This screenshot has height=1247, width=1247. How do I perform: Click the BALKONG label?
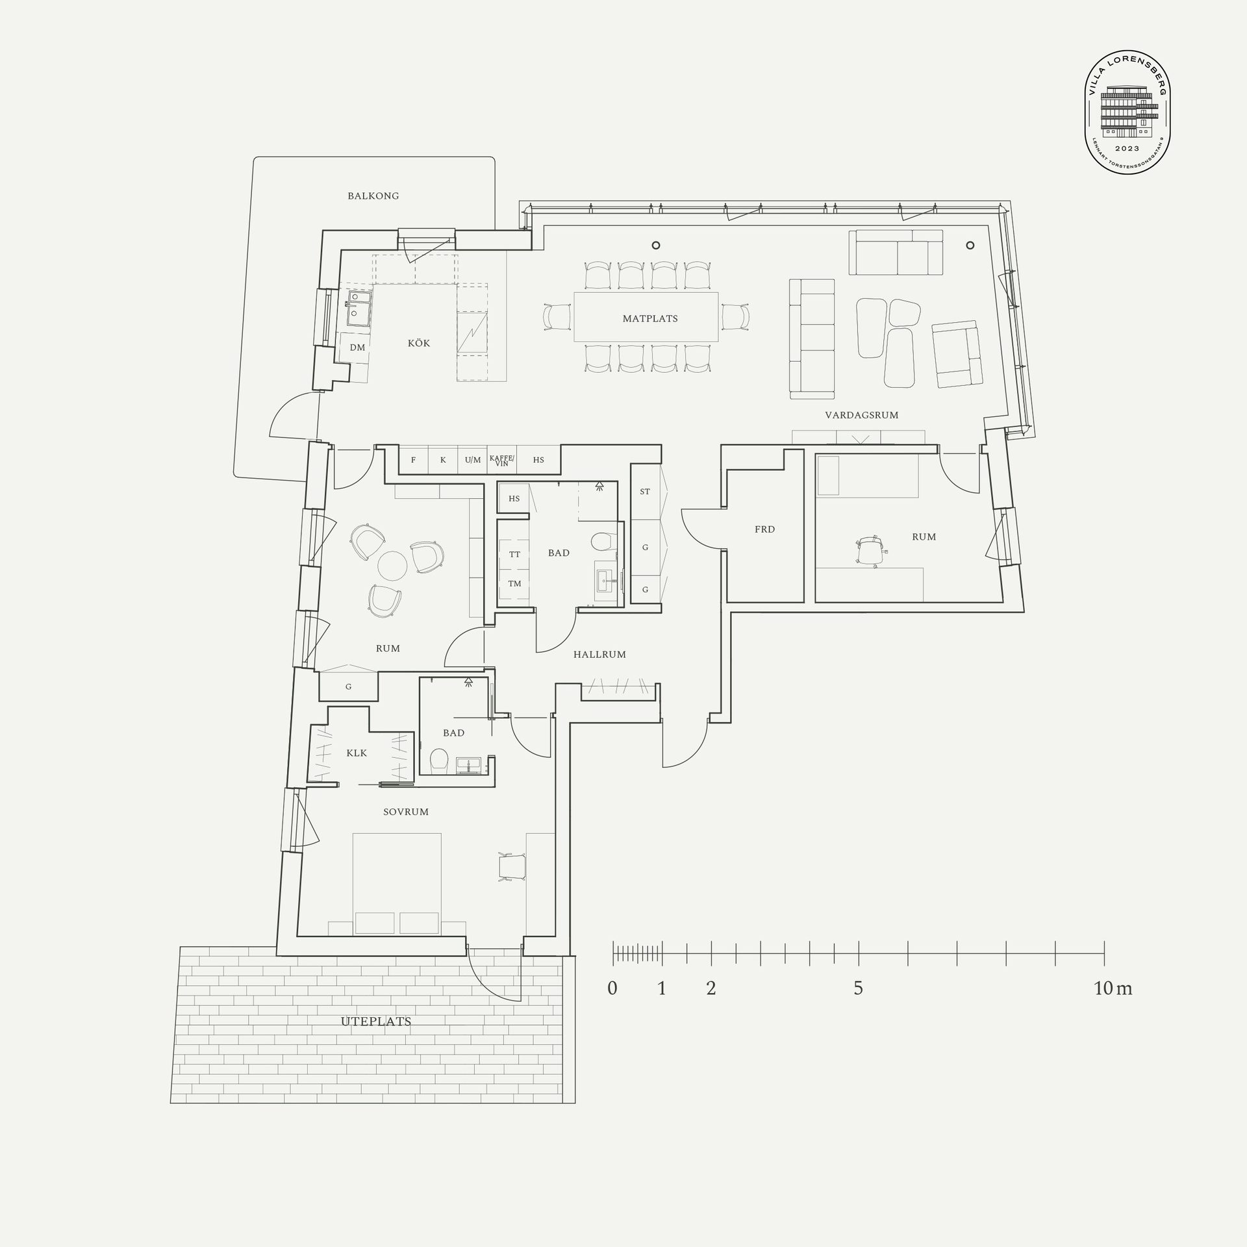[373, 195]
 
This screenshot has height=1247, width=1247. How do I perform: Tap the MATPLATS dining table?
[646, 317]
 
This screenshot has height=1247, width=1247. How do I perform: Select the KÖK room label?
[419, 342]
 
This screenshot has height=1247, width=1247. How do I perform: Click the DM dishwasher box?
[357, 347]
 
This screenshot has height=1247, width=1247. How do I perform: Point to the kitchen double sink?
[358, 308]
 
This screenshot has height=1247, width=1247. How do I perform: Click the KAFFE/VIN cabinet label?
[501, 460]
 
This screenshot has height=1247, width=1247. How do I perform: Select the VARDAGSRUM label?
[862, 415]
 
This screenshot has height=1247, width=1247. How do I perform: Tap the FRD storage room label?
[764, 529]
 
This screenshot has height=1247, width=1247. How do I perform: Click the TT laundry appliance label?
[514, 554]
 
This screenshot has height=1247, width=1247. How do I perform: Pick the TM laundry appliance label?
[514, 583]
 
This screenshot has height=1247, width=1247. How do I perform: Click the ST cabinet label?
[645, 492]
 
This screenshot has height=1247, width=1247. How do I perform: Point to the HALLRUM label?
[599, 655]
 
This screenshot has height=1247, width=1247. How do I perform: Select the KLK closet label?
[357, 753]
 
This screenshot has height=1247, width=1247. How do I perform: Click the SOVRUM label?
[406, 812]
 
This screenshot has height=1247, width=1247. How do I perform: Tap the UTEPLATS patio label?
[376, 1022]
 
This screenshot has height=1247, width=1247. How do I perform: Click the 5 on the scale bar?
[858, 989]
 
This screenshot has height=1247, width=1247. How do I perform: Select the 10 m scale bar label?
[1113, 989]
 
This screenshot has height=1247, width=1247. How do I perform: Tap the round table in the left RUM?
[392, 566]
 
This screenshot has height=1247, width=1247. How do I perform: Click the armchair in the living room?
[955, 354]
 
